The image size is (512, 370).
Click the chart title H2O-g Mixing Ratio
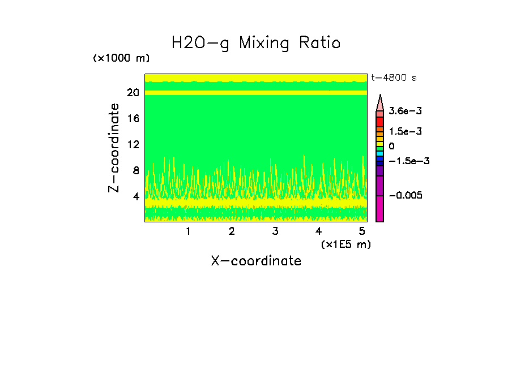pos(256,43)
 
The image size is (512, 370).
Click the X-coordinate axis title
pos(256,261)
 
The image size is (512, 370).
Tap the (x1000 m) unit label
pos(121,58)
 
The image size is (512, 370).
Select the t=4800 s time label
pos(394,78)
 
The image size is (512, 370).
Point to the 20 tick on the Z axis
pos(133,93)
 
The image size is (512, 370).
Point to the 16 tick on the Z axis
pos(133,119)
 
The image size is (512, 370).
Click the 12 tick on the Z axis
pos(133,145)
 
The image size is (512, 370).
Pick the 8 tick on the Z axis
pos(136,170)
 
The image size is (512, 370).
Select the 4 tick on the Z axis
pos(136,196)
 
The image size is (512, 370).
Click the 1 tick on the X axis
pos(188,231)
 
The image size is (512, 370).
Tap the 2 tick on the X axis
pos(232,231)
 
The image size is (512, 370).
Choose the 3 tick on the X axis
pos(275,231)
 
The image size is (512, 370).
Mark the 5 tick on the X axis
pos(362,231)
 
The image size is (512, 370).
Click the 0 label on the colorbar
pos(391,147)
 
